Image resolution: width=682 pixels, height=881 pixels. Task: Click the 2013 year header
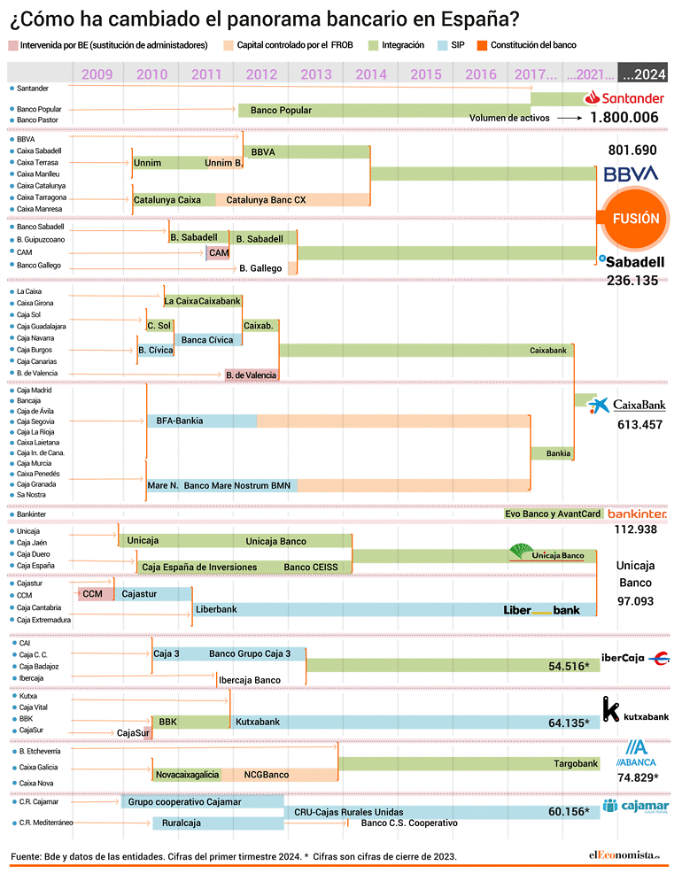coord(316,74)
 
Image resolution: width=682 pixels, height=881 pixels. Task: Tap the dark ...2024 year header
coord(643,73)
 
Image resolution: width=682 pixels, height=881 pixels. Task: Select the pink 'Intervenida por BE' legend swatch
coord(13,45)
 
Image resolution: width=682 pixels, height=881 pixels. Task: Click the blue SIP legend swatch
coord(443,45)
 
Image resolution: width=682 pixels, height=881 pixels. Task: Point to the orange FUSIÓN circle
coord(635,219)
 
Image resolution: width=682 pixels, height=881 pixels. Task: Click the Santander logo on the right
coord(624,98)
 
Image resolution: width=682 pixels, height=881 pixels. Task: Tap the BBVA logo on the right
coord(631,174)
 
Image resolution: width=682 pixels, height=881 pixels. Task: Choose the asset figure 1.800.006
coord(624,118)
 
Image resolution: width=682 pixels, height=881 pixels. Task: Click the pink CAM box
coord(218,253)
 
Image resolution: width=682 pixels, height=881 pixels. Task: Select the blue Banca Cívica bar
coord(208,340)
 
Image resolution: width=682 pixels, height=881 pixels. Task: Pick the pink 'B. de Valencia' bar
coord(252,375)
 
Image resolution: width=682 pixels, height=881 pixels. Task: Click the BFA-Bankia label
coord(179,421)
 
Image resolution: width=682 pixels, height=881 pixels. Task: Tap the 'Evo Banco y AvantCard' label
coord(553,514)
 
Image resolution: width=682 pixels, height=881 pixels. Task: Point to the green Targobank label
coord(576,763)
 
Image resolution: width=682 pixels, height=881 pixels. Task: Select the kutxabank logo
coord(635,709)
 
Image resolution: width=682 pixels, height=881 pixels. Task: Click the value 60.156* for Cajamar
coord(569,812)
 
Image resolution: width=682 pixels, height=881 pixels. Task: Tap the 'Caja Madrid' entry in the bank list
coord(34,390)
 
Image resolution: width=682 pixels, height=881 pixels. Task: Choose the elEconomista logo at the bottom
coord(624,855)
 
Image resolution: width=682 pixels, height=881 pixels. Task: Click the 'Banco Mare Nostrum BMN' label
coord(237,485)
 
